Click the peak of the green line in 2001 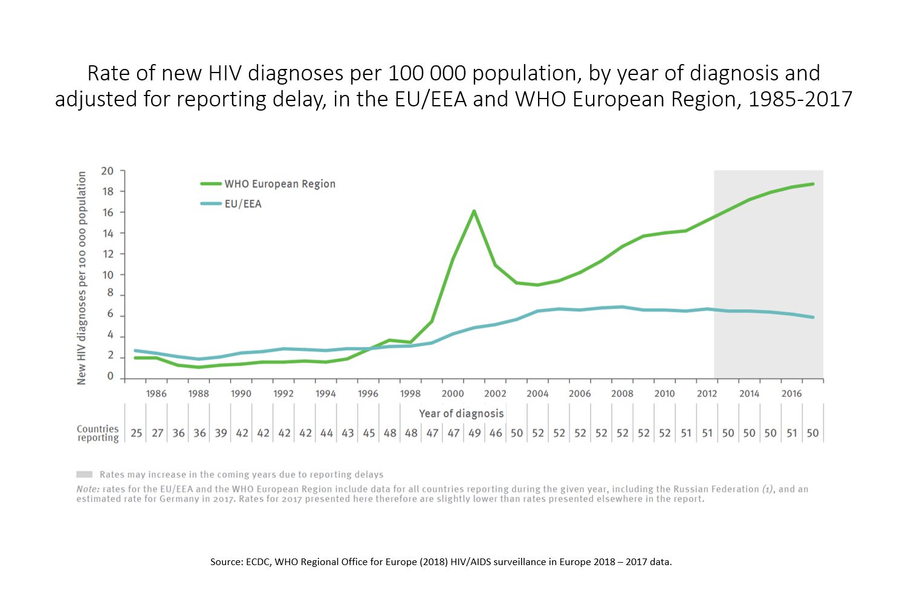pyautogui.click(x=474, y=211)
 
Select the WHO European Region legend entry pyautogui.click(x=279, y=184)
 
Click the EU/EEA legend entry pyautogui.click(x=242, y=204)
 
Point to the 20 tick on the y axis pyautogui.click(x=108, y=171)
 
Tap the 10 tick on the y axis pyautogui.click(x=108, y=275)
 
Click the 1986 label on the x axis pyautogui.click(x=157, y=393)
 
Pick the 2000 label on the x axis pyautogui.click(x=453, y=393)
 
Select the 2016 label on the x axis pyautogui.click(x=791, y=393)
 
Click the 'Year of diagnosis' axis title pyautogui.click(x=461, y=413)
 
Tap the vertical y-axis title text pyautogui.click(x=82, y=278)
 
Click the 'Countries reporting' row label pyautogui.click(x=98, y=433)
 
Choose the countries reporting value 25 pyautogui.click(x=137, y=433)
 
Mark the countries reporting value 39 pyautogui.click(x=221, y=433)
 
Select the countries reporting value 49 pyautogui.click(x=475, y=433)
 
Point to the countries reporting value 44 pyautogui.click(x=326, y=433)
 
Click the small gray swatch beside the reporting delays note pyautogui.click(x=84, y=474)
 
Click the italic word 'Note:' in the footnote pyautogui.click(x=88, y=489)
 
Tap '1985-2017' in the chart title pyautogui.click(x=800, y=99)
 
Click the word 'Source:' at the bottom pyautogui.click(x=227, y=561)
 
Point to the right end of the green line pyautogui.click(x=812, y=184)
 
